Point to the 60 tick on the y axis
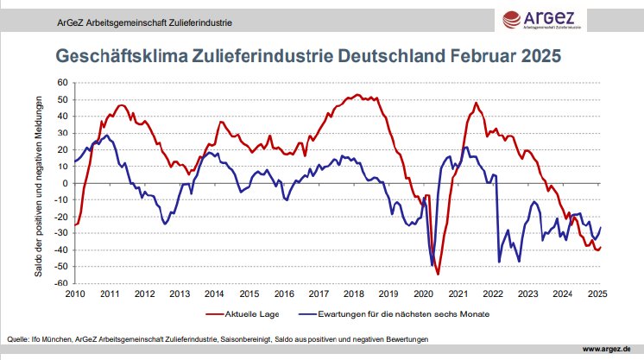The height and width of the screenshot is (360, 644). (61, 83)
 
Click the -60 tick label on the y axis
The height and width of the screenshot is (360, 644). (60, 283)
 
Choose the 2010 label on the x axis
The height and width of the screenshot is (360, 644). (75, 294)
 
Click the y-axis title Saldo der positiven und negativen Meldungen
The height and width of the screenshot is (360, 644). (39, 183)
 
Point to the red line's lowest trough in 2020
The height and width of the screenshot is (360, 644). (438, 274)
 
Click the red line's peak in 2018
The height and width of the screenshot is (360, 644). (357, 95)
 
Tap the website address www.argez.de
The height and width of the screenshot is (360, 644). (611, 349)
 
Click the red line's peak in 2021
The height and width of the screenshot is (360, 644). (477, 103)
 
